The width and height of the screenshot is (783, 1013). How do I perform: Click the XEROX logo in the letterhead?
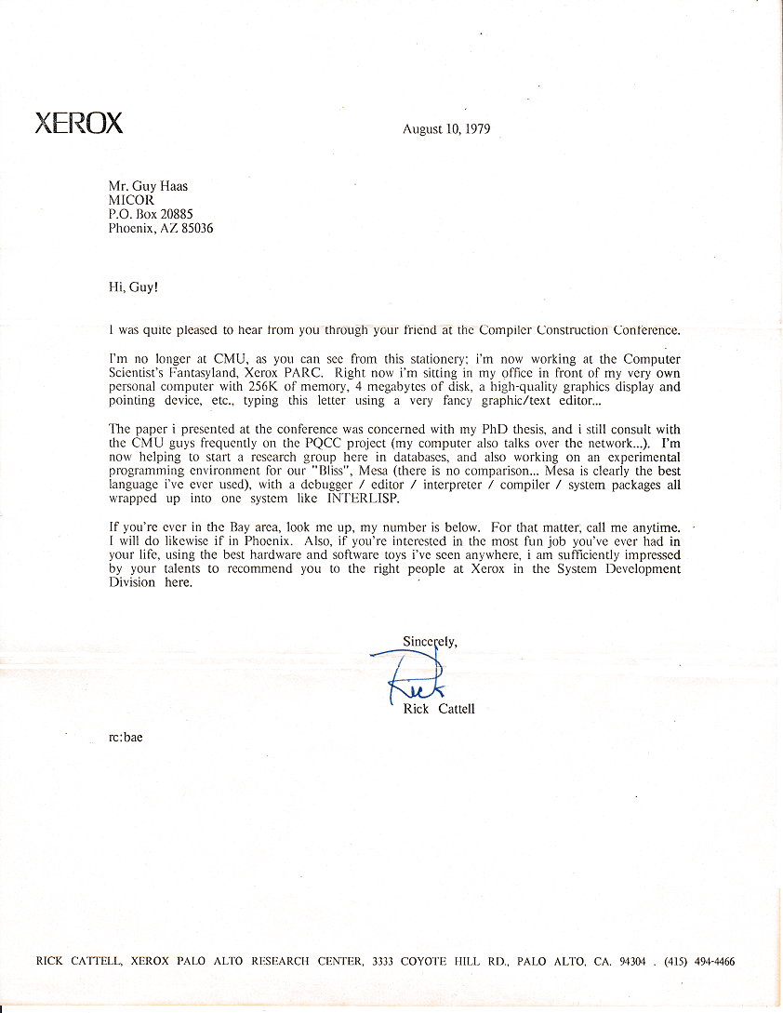[x=79, y=124]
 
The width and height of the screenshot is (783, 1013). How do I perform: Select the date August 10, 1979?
[x=446, y=129]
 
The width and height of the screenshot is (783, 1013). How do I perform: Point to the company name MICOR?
[x=131, y=199]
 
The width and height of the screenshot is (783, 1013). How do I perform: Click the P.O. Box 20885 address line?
[x=151, y=214]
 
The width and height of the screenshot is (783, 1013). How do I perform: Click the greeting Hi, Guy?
[x=133, y=287]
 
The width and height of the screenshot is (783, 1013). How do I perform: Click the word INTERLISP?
[x=346, y=500]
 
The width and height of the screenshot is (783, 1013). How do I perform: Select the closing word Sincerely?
[x=430, y=640]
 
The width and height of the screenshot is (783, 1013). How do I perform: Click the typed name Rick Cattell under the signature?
[x=439, y=709]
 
